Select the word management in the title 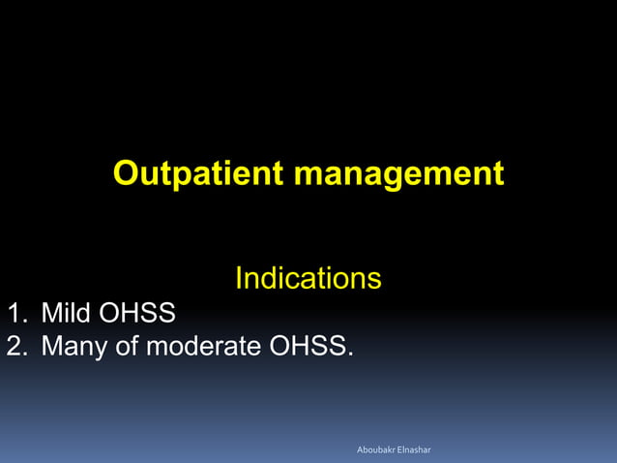tap(398, 174)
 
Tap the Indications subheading tap(308, 280)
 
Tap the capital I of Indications tap(239, 280)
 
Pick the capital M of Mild tap(49, 314)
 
